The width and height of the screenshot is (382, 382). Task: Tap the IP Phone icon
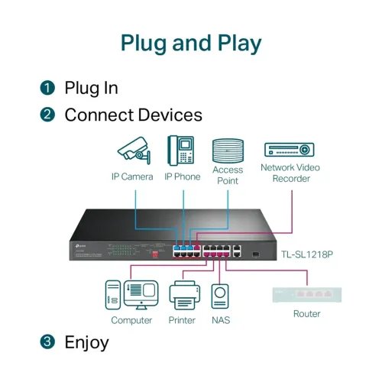[181, 151]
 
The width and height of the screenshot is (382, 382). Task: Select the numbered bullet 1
[48, 88]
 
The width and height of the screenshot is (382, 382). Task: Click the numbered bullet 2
[48, 115]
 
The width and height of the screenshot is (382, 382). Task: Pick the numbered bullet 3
[48, 342]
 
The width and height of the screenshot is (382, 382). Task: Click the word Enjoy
[87, 342]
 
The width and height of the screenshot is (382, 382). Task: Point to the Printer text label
[183, 320]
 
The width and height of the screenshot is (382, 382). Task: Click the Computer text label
[131, 320]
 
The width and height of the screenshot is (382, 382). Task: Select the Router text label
[306, 314]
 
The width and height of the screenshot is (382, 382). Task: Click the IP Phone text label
[182, 177]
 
